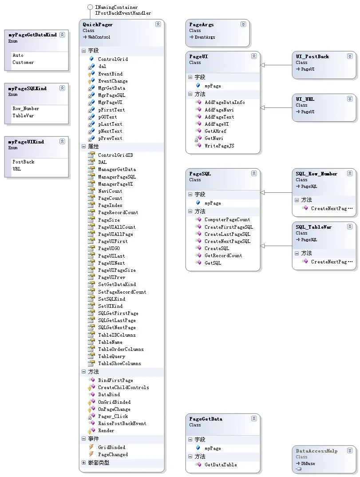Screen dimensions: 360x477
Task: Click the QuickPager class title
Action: point(98,24)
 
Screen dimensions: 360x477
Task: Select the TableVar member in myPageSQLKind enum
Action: point(23,115)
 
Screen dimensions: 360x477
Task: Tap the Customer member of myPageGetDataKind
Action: point(23,62)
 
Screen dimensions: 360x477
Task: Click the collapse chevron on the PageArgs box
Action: point(243,24)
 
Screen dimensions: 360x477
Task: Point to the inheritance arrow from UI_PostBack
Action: point(276,65)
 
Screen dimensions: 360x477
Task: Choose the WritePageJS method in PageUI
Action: point(219,146)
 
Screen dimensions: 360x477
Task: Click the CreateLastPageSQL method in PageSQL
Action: point(227,234)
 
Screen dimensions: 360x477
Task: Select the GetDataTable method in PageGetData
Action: point(221,465)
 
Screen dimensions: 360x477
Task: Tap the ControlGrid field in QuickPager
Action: point(113,60)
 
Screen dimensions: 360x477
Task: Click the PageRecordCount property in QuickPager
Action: point(118,213)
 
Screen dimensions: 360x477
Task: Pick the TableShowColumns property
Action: point(119,364)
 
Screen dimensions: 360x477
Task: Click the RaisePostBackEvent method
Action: point(122,423)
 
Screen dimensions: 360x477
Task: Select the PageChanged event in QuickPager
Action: point(113,454)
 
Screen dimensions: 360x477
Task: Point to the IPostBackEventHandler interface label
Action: point(123,13)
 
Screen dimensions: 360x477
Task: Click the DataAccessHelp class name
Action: point(316,451)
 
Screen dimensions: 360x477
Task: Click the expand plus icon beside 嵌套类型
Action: point(83,462)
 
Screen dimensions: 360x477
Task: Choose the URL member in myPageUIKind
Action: point(17,169)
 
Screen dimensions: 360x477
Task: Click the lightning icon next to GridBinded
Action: point(91,447)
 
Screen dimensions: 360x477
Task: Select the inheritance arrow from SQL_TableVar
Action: point(276,246)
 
